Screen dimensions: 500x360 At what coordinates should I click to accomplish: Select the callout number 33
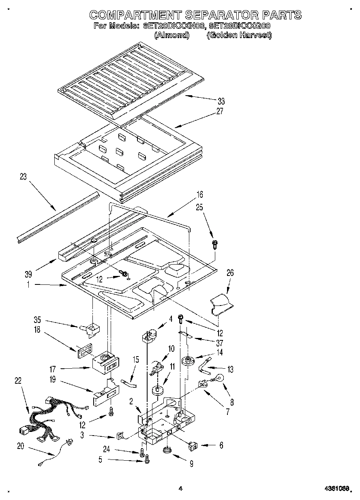[221, 101]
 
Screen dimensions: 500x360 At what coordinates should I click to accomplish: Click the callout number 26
[230, 273]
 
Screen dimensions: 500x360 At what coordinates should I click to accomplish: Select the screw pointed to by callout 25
[214, 244]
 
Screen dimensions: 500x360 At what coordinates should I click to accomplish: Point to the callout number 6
[221, 445]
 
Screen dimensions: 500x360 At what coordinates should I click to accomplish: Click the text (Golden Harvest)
[239, 35]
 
